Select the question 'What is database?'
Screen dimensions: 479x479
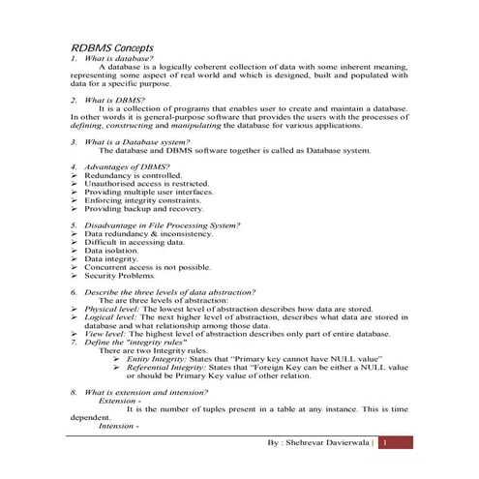pos(117,58)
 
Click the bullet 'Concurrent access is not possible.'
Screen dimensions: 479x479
pos(147,266)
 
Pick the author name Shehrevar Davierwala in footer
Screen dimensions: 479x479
pos(322,442)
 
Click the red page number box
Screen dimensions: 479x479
pos(396,442)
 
